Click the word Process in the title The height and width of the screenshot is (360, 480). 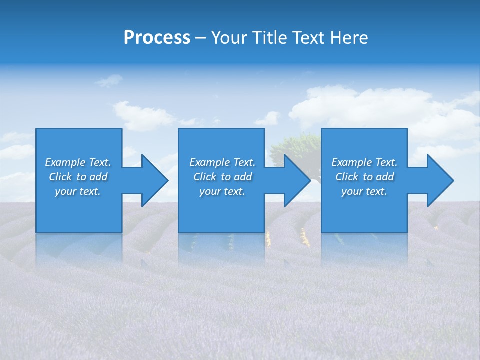[x=157, y=38]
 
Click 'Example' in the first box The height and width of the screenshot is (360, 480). [x=65, y=162]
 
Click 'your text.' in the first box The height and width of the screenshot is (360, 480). [x=78, y=191]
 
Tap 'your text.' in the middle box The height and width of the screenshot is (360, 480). [x=222, y=191]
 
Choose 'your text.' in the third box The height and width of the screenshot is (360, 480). [x=364, y=191]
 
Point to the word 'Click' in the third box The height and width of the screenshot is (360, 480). [x=347, y=177]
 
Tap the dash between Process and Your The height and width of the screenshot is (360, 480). [x=200, y=38]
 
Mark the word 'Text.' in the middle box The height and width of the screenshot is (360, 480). [x=244, y=162]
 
